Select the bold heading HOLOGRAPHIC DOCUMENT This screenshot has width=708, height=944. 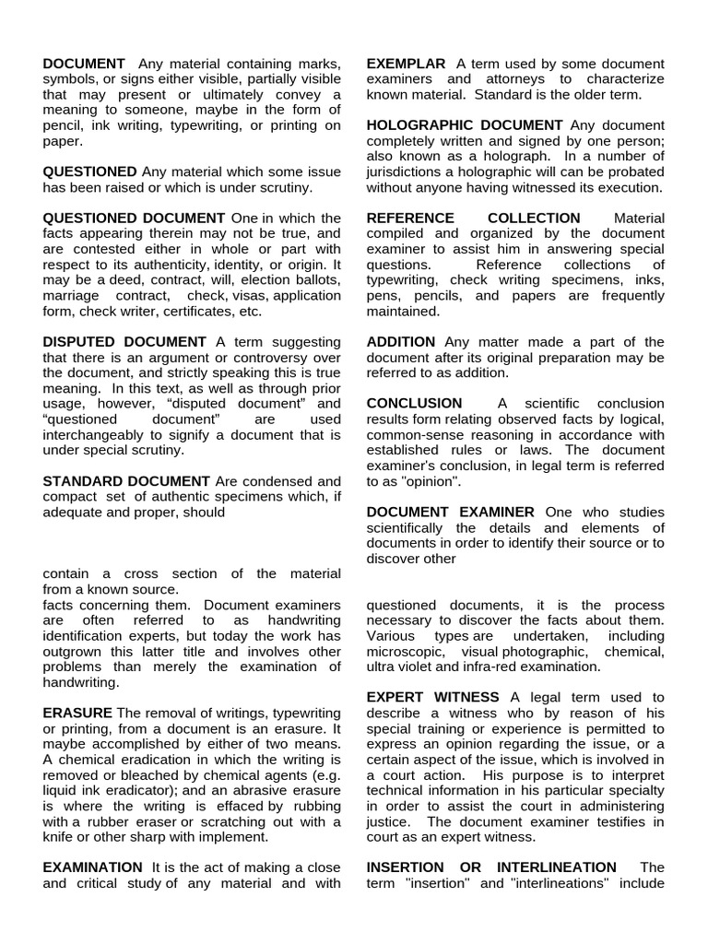point(465,124)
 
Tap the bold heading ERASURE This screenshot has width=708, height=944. point(77,713)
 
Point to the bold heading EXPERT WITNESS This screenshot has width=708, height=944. point(433,697)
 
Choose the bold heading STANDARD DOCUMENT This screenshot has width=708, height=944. point(126,481)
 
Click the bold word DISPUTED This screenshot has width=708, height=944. point(80,341)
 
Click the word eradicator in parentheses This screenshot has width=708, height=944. point(133,790)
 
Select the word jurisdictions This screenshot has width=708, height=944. point(411,171)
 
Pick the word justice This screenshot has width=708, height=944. point(390,821)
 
